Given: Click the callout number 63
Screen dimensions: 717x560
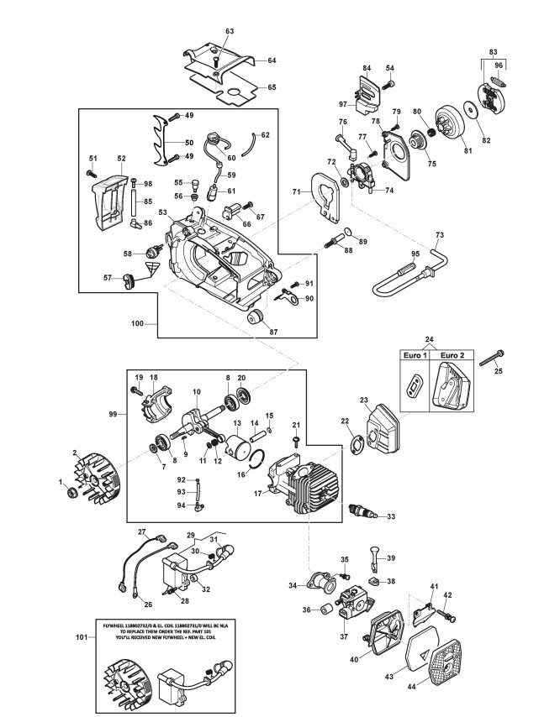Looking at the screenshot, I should coord(229,31).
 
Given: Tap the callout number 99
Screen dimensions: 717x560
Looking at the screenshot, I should coord(112,415).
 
